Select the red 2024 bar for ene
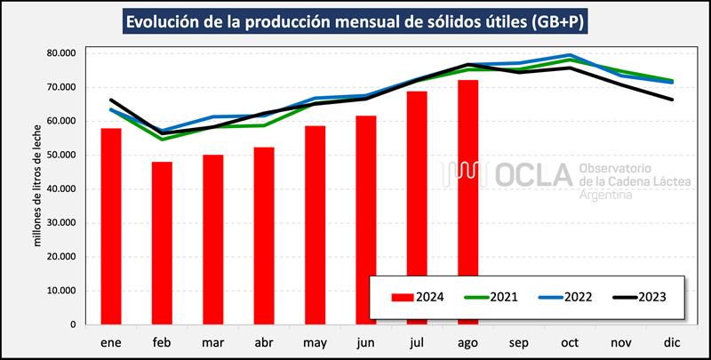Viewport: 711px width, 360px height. [x=111, y=227]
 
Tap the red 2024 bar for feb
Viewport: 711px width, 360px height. [x=162, y=243]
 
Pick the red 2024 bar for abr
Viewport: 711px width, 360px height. [x=263, y=236]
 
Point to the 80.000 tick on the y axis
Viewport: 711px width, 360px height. [x=66, y=53]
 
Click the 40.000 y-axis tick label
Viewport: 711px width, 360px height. [x=66, y=188]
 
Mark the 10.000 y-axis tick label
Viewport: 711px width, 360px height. [x=66, y=291]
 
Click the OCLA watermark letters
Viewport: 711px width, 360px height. [x=530, y=176]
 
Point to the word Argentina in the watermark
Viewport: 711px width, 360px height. [x=605, y=194]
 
